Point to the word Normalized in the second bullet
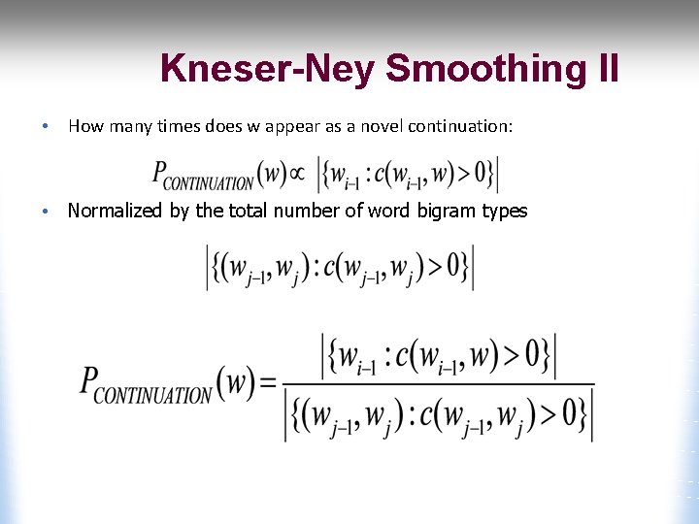[116, 211]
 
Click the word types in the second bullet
[505, 211]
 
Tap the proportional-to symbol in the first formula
[296, 174]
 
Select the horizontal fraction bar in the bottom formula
[438, 384]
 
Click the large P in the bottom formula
[89, 380]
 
